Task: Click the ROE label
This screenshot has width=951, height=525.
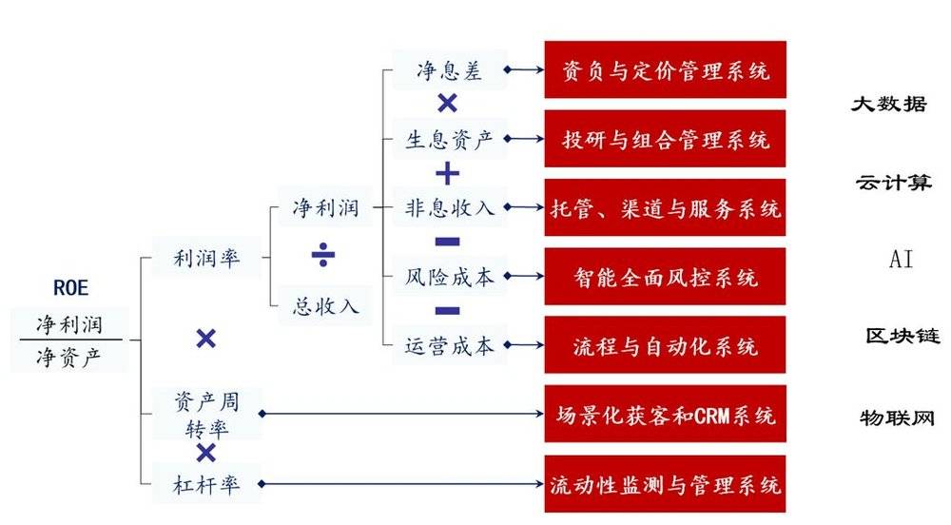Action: point(71,287)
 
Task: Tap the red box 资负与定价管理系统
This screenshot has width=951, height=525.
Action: point(666,69)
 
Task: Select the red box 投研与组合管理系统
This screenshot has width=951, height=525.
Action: point(666,139)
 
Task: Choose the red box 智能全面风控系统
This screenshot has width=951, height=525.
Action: point(666,277)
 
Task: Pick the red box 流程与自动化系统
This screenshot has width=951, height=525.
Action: point(666,345)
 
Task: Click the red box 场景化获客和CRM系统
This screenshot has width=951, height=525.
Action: point(666,414)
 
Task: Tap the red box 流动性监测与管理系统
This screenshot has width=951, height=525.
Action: point(666,484)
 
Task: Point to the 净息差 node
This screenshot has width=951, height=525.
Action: point(450,70)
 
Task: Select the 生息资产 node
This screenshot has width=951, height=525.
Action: point(450,140)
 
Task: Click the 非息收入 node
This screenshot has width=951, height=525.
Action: point(450,208)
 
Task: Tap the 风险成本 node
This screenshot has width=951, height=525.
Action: point(450,277)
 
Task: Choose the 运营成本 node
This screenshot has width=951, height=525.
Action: point(450,345)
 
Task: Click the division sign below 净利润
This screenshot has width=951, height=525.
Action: point(323,255)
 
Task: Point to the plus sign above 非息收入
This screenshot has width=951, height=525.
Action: point(448,174)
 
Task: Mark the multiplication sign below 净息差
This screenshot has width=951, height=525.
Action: point(448,103)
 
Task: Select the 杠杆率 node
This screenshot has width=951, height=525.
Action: point(206,484)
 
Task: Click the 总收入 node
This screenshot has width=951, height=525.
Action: point(325,305)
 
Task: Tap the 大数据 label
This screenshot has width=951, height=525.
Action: point(889,104)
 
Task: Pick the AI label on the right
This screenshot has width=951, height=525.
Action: point(902,259)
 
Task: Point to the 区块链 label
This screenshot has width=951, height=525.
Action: point(902,335)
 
